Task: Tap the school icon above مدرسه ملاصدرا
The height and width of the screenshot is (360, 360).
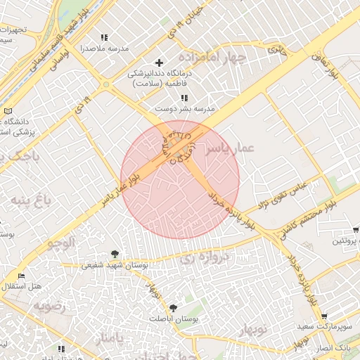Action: (x=105, y=37)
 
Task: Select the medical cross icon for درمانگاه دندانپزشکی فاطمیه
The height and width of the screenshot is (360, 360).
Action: (x=159, y=63)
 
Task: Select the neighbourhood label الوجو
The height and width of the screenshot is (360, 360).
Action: (x=60, y=243)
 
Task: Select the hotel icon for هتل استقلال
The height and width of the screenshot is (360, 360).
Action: (x=20, y=276)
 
